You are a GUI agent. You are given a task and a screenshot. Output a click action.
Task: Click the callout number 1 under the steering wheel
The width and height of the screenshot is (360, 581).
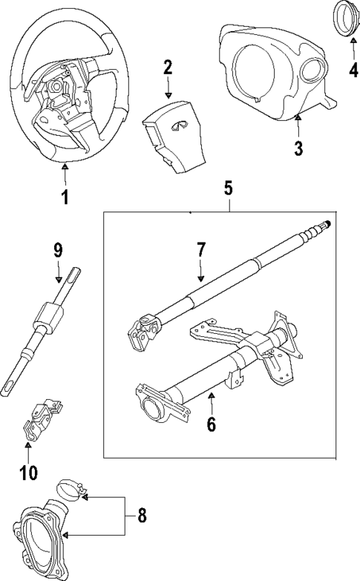(65, 197)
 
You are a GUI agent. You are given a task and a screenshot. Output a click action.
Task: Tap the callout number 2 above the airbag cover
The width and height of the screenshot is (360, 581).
(168, 68)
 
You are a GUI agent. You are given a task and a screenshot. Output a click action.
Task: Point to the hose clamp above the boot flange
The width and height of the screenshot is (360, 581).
(72, 490)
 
